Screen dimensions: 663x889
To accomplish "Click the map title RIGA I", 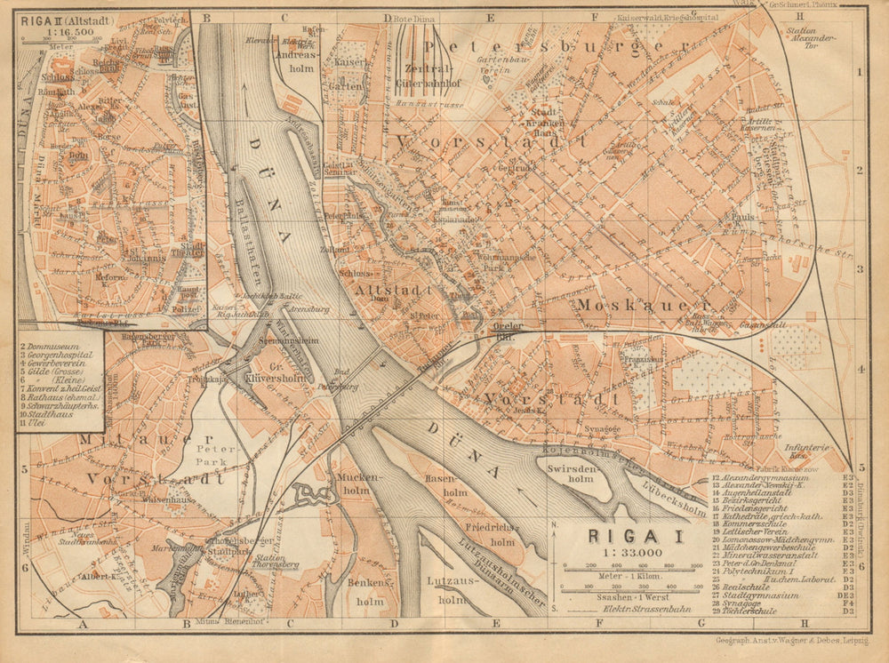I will (x=623, y=536).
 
